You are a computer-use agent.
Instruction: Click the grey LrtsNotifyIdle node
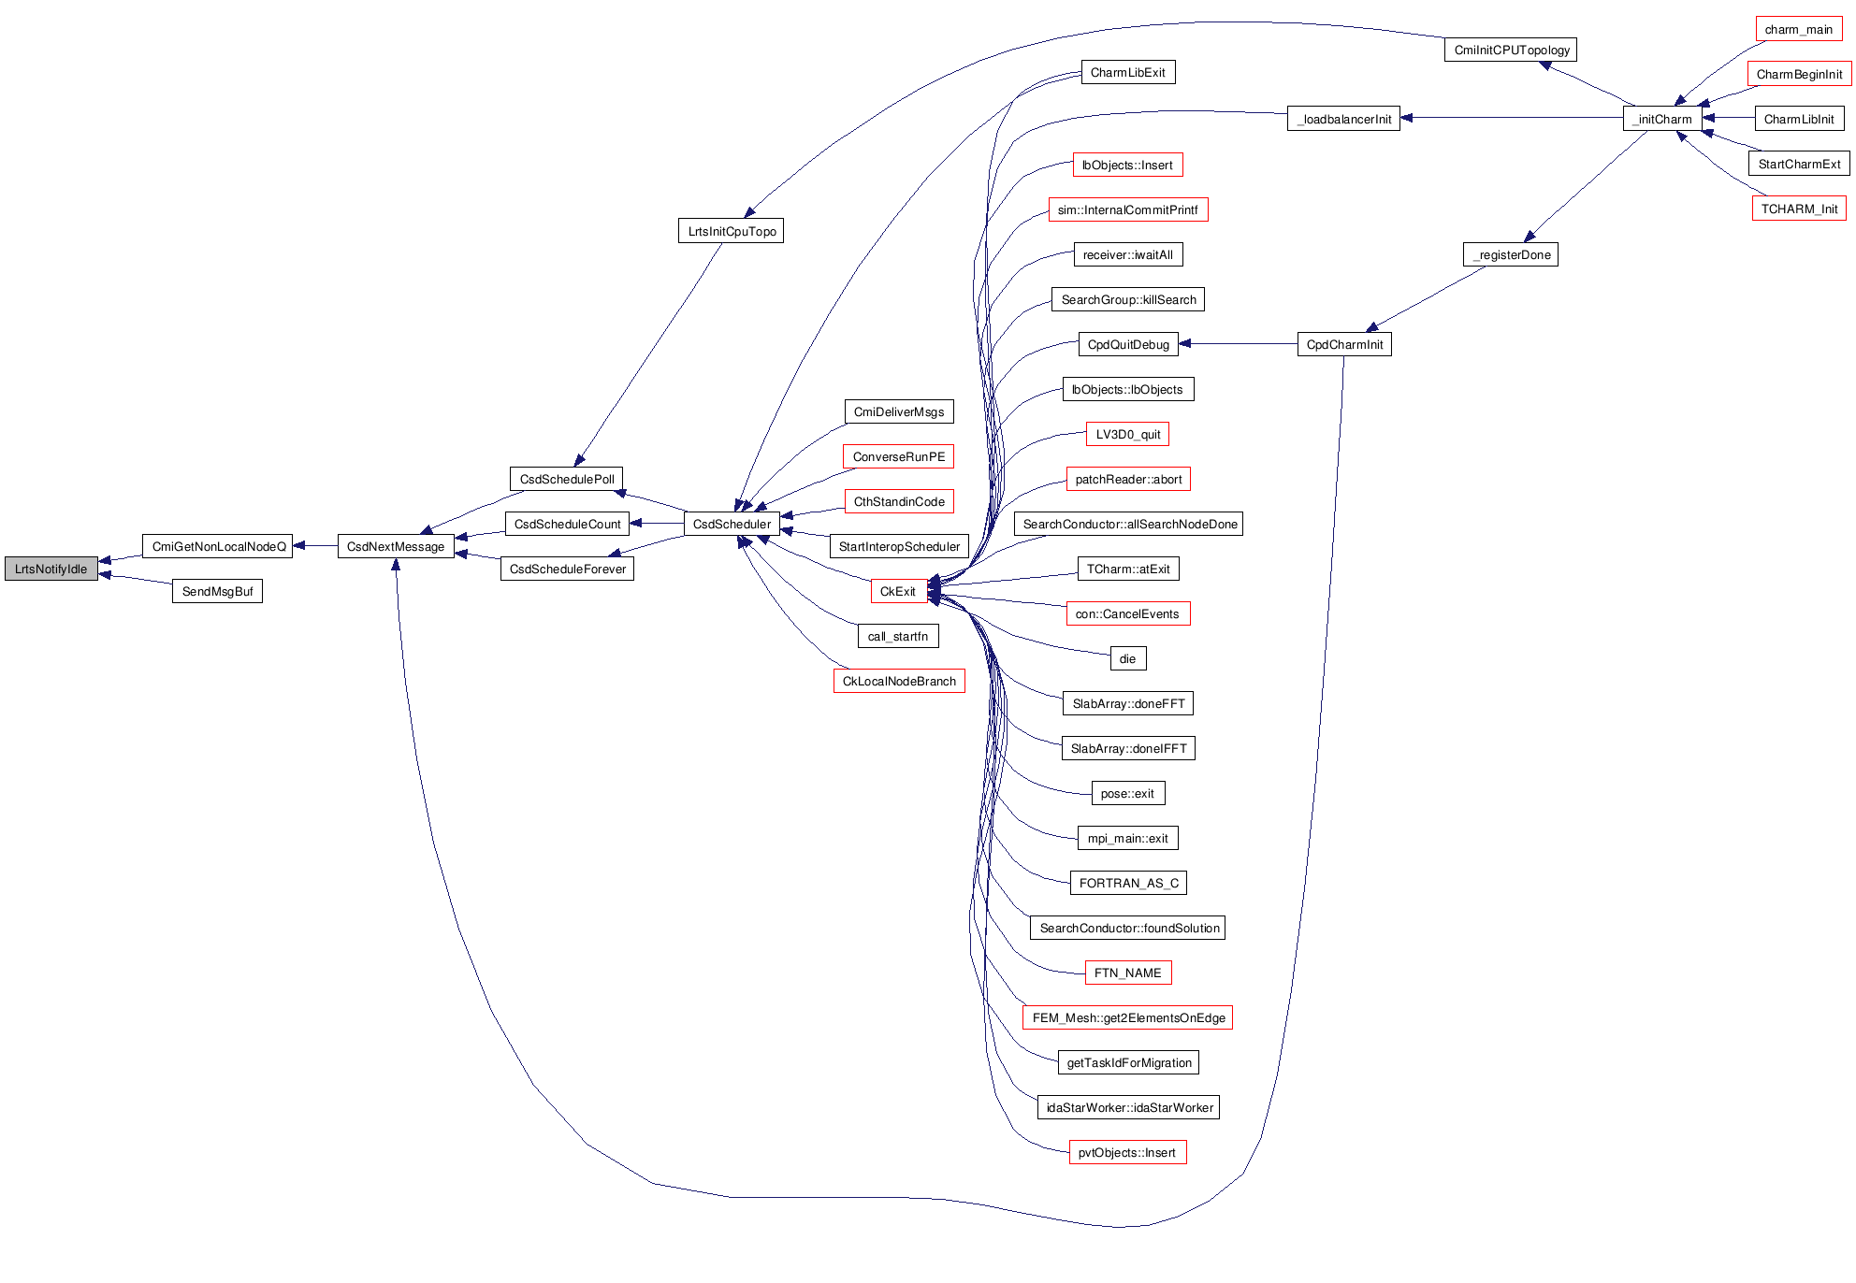click(x=51, y=569)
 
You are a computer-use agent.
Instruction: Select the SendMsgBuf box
click(x=217, y=591)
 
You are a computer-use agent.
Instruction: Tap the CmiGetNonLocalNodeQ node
click(x=218, y=546)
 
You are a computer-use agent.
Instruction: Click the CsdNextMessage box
click(x=396, y=546)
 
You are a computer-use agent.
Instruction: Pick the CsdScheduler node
click(x=732, y=524)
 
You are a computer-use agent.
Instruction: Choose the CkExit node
click(x=898, y=591)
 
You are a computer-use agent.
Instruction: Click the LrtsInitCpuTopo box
click(x=732, y=231)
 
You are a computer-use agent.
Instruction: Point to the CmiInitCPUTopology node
click(x=1511, y=50)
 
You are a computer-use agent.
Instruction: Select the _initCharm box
click(x=1662, y=119)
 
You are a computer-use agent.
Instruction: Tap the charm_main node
click(x=1798, y=29)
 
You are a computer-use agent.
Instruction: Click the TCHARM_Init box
click(x=1799, y=209)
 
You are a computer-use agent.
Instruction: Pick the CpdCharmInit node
click(x=1344, y=344)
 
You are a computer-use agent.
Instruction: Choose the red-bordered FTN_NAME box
click(x=1127, y=973)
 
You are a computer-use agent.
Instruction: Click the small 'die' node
click(x=1127, y=658)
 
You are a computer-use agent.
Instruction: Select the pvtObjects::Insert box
click(x=1127, y=1152)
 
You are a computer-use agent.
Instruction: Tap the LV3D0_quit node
click(x=1127, y=434)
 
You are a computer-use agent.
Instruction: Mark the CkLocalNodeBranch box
click(x=899, y=681)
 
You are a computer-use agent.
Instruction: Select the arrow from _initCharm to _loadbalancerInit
click(x=1511, y=118)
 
